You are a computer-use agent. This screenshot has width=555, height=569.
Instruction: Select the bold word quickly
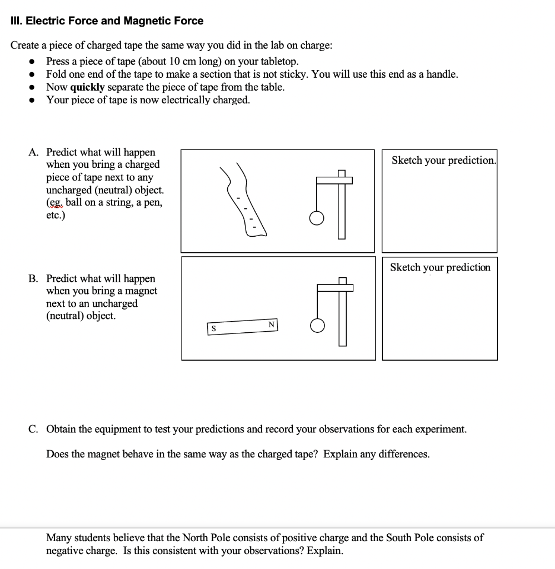click(87, 87)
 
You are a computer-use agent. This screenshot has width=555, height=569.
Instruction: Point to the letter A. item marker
click(34, 152)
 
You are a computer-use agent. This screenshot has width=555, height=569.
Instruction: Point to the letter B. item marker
click(34, 279)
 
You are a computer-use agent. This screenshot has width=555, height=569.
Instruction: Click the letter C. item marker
click(34, 430)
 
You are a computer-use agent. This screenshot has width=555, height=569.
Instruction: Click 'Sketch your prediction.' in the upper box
click(443, 161)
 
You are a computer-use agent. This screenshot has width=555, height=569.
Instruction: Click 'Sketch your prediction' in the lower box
click(440, 268)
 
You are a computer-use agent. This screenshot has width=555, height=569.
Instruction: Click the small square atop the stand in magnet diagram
click(342, 281)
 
